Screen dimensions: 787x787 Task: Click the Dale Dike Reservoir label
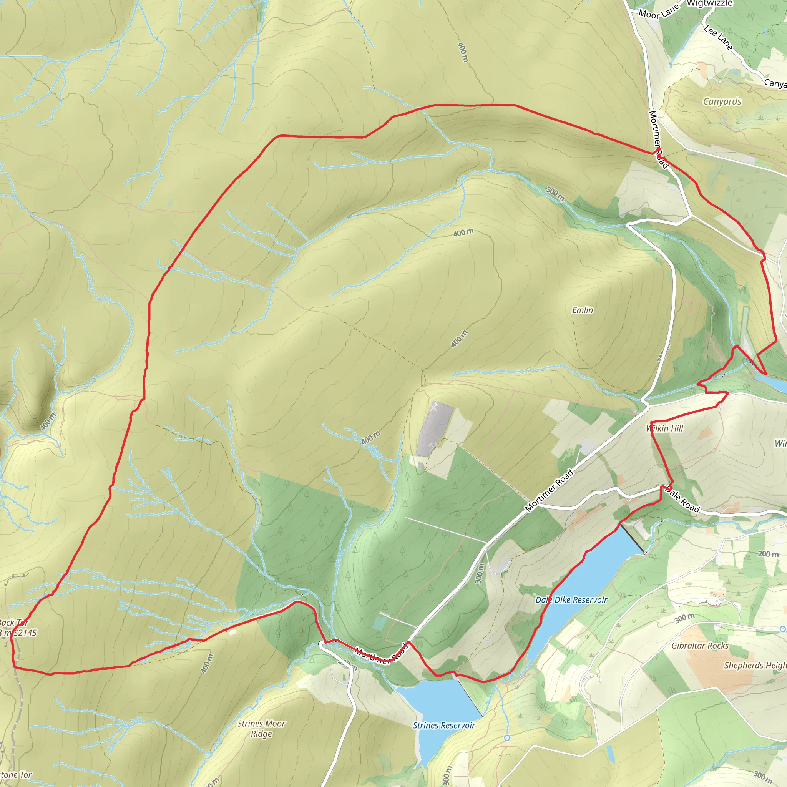point(571,600)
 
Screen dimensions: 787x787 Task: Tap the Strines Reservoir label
point(443,726)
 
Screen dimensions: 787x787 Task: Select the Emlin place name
point(583,310)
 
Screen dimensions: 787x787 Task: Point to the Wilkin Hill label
point(664,428)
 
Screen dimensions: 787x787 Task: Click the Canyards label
point(722,101)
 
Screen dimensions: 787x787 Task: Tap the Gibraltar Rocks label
point(700,646)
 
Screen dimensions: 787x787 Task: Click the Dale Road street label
point(682,500)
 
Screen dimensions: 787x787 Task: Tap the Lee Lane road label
point(719,38)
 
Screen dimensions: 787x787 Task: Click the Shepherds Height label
point(755,666)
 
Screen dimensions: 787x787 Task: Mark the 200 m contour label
point(768,554)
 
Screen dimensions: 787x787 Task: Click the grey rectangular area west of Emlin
point(435,430)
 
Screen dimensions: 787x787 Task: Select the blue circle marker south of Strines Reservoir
point(507,738)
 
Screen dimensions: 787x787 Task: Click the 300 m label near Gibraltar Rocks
point(684,618)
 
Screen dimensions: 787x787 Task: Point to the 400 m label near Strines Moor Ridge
point(207,664)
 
